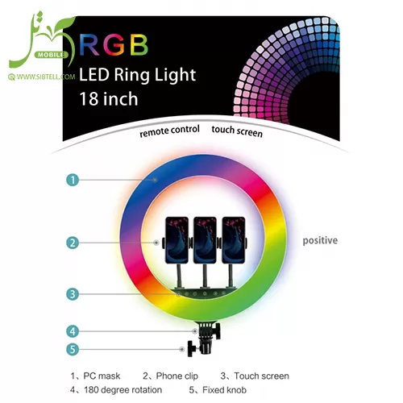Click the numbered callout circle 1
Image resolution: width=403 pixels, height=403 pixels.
(73, 180)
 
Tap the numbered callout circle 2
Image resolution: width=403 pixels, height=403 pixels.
(73, 243)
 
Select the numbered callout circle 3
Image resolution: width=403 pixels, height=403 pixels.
(73, 294)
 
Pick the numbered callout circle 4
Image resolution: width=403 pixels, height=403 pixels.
(73, 331)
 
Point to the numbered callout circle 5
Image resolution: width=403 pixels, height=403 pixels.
(73, 350)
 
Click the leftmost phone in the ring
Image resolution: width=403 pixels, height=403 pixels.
(177, 240)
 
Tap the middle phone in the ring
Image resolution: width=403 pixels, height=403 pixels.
(205, 240)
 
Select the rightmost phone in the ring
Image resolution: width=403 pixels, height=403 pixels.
(234, 240)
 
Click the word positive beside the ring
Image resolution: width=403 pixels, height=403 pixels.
(320, 240)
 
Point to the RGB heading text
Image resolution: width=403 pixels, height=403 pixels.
(114, 45)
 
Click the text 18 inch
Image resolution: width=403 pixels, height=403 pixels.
(109, 99)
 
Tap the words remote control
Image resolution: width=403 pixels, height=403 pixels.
(169, 131)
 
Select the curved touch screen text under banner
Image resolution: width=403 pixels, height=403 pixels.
(237, 131)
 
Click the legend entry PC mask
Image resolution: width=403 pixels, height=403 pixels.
(95, 376)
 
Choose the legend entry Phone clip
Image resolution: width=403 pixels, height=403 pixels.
(170, 376)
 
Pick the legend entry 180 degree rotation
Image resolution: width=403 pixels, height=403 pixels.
(116, 390)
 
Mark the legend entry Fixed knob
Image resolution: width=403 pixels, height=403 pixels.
(218, 390)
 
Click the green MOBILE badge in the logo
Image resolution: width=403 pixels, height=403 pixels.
(51, 55)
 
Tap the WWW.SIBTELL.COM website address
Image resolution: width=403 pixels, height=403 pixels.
(42, 77)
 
